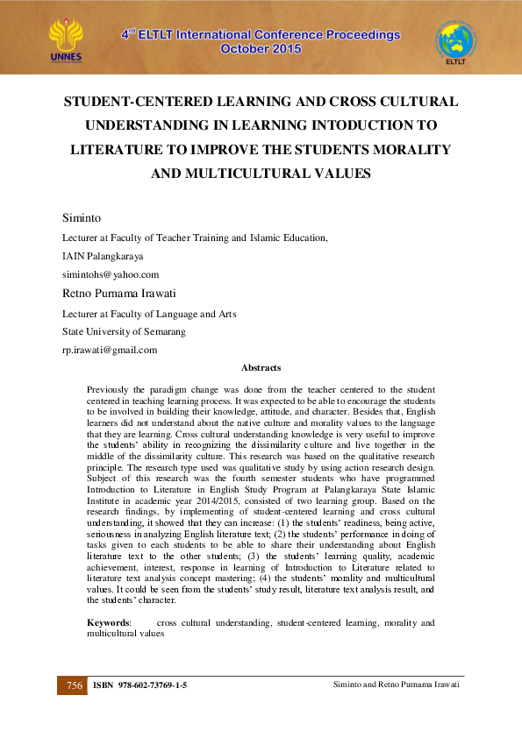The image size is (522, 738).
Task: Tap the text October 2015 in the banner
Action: [261, 50]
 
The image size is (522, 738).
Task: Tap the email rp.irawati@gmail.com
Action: [110, 350]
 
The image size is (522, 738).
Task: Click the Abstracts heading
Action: [261, 368]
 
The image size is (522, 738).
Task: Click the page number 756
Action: [75, 685]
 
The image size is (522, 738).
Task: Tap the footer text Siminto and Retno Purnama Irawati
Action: [397, 684]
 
